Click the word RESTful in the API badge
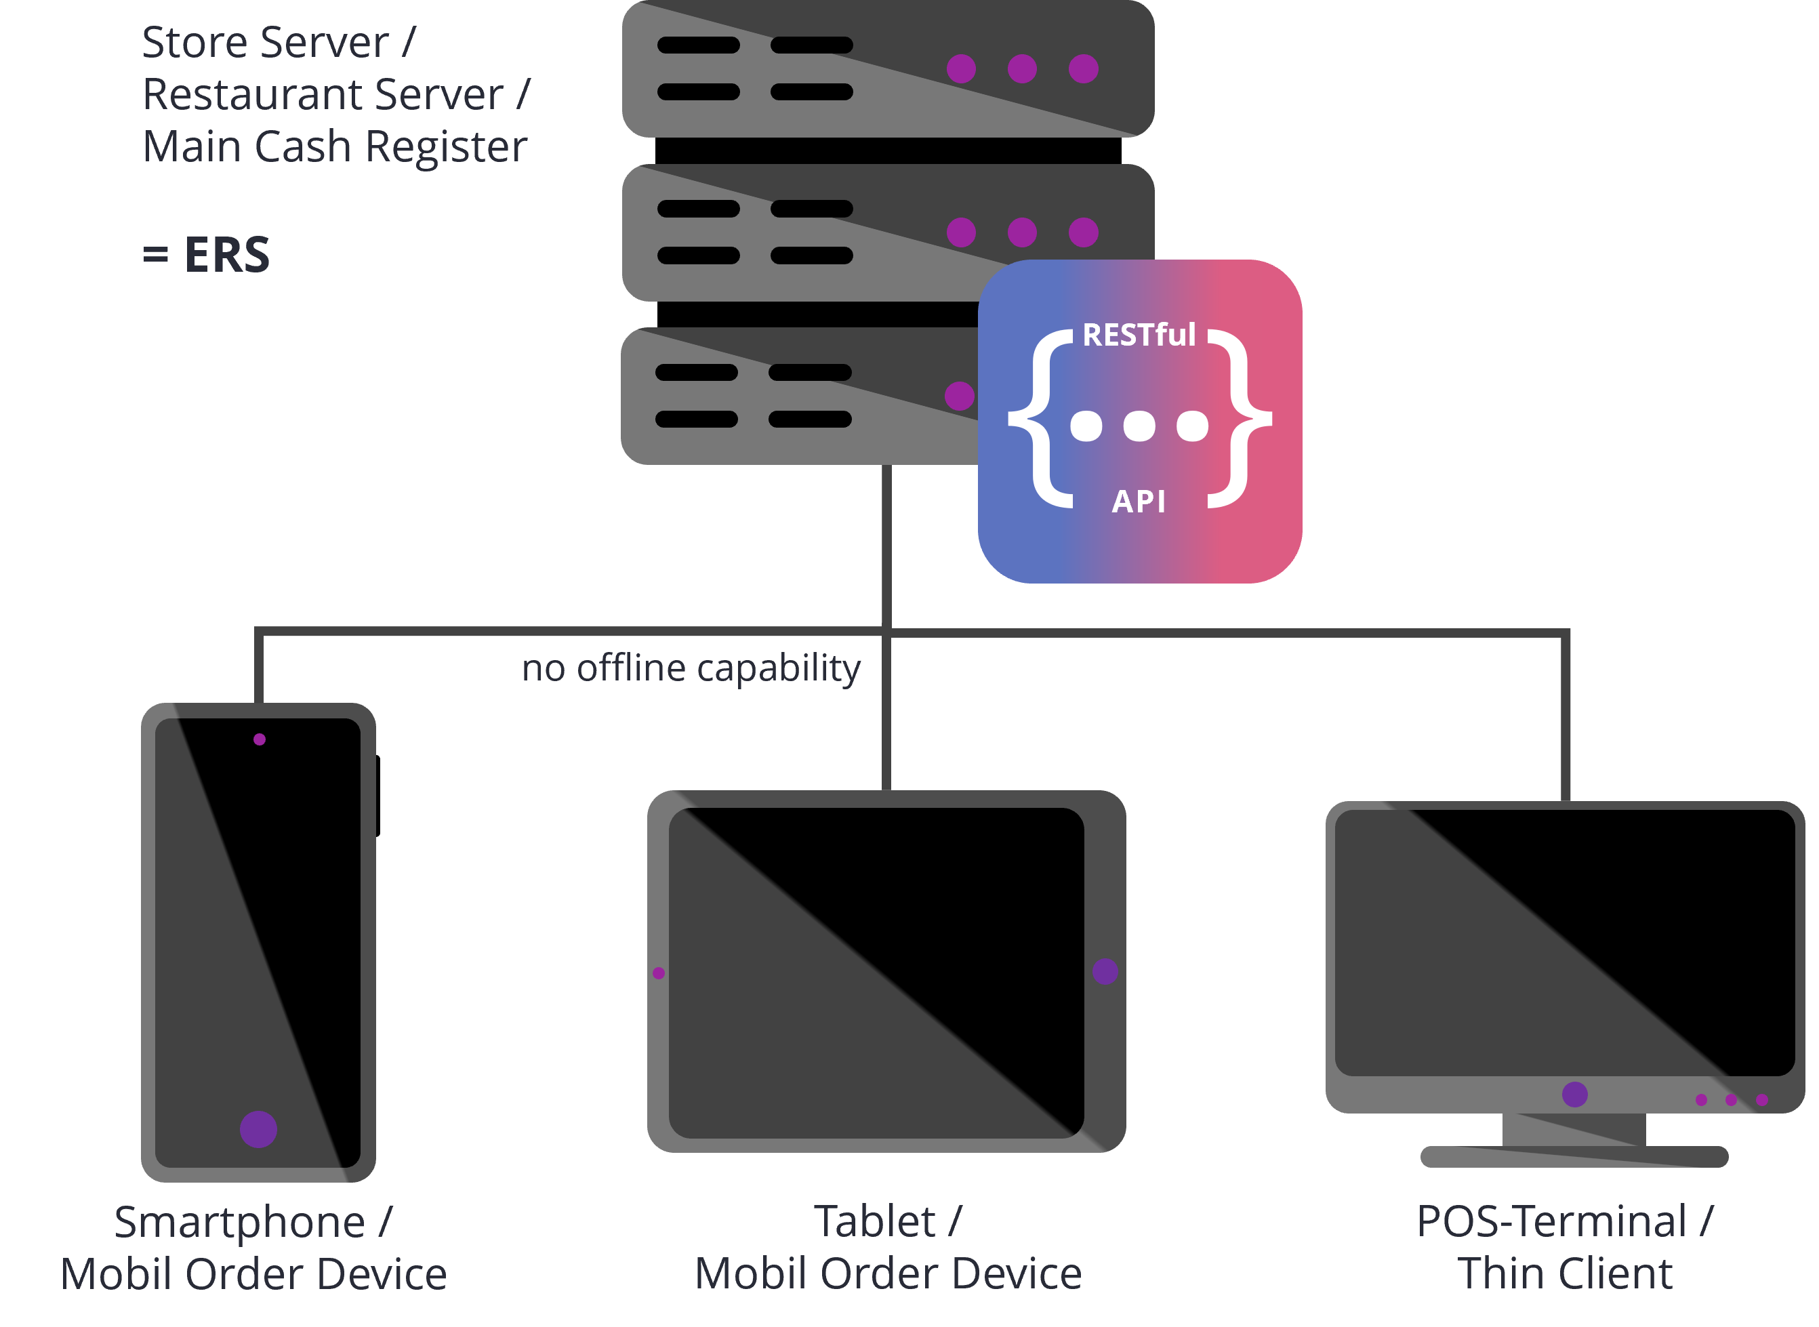pos(1139,335)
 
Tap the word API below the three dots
pos(1138,502)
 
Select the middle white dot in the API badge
pos(1139,426)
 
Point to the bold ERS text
pos(226,256)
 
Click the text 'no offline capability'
pos(691,668)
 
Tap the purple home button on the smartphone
pos(259,1129)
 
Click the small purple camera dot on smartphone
pos(260,739)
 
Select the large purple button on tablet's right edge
pos(1105,971)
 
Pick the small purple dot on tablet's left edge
pos(659,973)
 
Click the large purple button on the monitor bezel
pos(1575,1094)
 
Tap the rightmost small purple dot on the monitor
pos(1762,1100)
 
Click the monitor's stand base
pos(1574,1157)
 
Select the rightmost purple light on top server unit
pos(1084,69)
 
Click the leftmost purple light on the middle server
pos(960,233)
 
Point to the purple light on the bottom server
pos(959,396)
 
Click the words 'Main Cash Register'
pos(335,148)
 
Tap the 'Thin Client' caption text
pos(1564,1274)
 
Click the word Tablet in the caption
pos(874,1222)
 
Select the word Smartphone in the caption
pos(239,1223)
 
